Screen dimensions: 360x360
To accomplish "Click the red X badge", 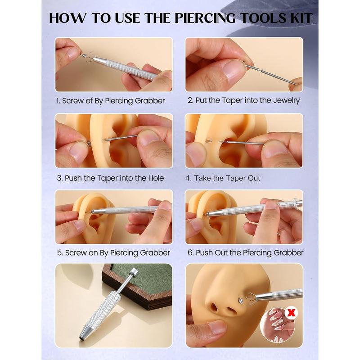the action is (x=292, y=312).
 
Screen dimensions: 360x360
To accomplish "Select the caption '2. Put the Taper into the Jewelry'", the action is (x=244, y=100).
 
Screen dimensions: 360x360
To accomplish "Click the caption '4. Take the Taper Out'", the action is (x=223, y=178).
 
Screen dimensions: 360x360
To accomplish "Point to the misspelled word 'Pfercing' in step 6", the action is (x=257, y=253).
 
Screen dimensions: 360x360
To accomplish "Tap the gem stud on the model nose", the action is (x=241, y=299).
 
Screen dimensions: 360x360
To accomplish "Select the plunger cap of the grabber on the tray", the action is (x=133, y=273).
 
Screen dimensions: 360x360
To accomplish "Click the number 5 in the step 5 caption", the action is (x=60, y=253).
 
